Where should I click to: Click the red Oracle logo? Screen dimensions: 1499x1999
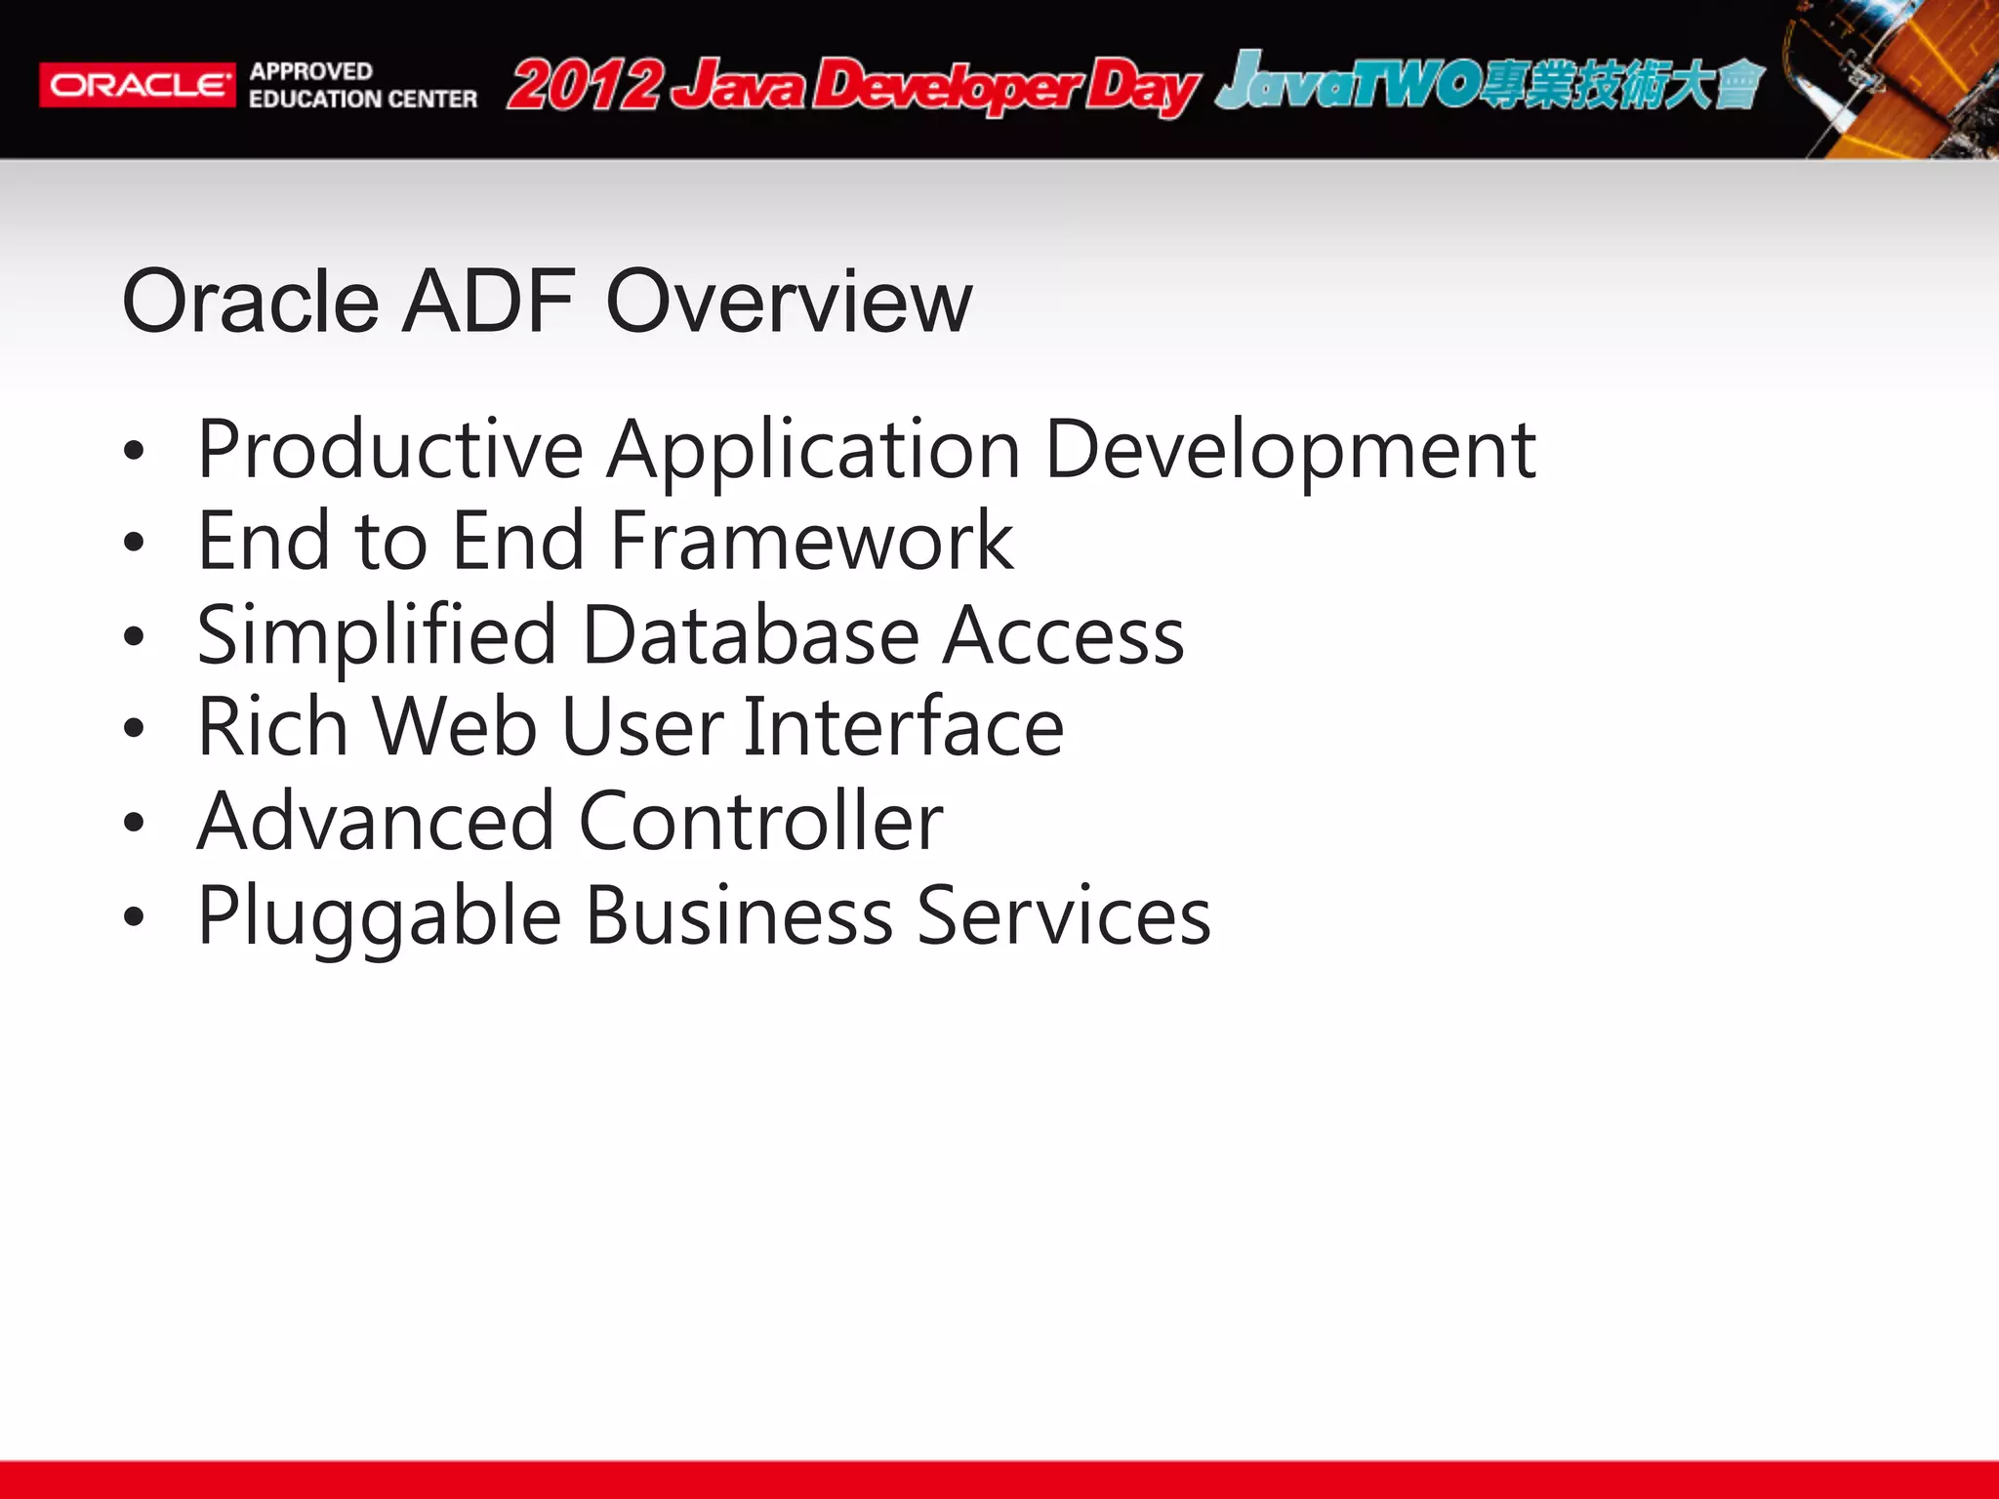pos(137,85)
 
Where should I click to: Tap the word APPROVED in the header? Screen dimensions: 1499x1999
pos(310,71)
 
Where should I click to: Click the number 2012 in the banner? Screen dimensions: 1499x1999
pos(585,86)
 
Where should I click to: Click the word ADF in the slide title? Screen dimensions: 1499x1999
pos(489,302)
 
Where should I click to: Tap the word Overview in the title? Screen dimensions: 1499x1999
pos(789,302)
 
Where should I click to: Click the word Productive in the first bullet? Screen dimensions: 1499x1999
pos(390,451)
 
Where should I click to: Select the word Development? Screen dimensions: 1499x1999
pos(1290,451)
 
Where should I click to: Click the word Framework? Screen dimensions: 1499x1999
pos(812,542)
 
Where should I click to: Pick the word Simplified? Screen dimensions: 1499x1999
pos(377,636)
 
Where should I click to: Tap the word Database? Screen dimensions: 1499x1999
pos(751,636)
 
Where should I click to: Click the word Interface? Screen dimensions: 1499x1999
pos(903,728)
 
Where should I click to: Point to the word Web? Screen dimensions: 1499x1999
pos(455,728)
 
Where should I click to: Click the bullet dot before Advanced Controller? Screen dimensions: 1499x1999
pos(135,824)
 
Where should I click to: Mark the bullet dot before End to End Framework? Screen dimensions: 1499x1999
pos(135,543)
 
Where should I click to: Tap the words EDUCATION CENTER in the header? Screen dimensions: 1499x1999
pos(363,100)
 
